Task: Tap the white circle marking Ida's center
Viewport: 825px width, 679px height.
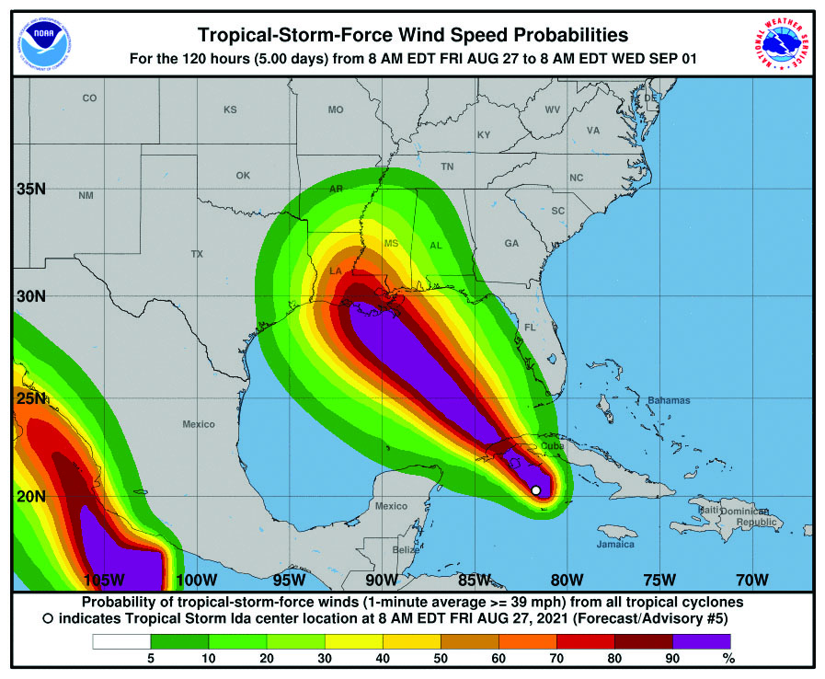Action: pos(536,490)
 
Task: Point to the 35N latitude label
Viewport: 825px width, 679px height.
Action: pos(30,190)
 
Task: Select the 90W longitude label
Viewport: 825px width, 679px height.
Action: pos(381,580)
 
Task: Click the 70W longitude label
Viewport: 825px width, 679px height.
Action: pos(752,580)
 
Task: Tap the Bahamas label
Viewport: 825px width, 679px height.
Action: pos(669,400)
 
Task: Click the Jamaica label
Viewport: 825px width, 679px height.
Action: pos(615,544)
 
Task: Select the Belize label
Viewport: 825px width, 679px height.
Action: pos(404,549)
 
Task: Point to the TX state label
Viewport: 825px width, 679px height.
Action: pos(196,253)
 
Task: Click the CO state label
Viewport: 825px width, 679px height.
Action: pos(89,98)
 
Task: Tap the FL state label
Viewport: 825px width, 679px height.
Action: pos(530,327)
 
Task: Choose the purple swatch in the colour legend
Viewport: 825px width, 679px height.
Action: pos(702,640)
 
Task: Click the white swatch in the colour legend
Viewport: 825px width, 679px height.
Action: pos(120,640)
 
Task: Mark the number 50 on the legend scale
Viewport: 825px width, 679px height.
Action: pos(441,659)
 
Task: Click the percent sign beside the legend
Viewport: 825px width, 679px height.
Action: pos(728,659)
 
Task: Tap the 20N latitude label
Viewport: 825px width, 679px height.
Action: pos(30,497)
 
